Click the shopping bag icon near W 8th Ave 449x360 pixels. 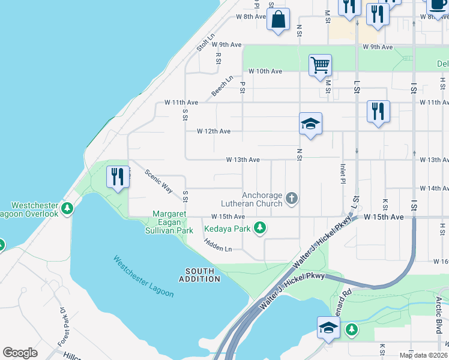[x=279, y=20]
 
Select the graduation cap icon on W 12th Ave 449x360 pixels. [x=310, y=124]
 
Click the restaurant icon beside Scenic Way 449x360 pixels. [x=118, y=177]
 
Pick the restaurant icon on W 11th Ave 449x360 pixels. [x=378, y=112]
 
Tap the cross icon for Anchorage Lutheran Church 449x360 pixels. [x=292, y=198]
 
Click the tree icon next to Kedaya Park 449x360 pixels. [x=260, y=227]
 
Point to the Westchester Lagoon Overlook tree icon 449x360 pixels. [x=68, y=208]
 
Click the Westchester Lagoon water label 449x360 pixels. [x=143, y=277]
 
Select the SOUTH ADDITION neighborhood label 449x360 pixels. [x=199, y=275]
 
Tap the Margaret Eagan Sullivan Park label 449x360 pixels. [x=173, y=222]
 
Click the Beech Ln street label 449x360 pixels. [x=222, y=86]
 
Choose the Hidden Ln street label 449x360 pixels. [x=217, y=244]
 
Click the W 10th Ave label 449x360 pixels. [x=265, y=71]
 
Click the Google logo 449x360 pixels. [x=20, y=353]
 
